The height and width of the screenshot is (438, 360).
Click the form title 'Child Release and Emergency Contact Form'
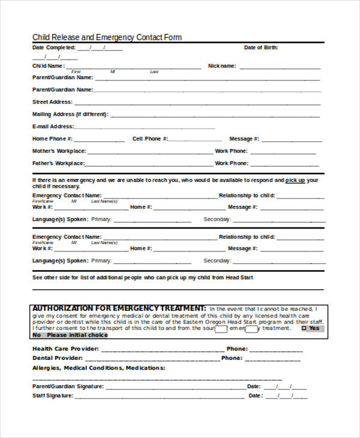(x=107, y=37)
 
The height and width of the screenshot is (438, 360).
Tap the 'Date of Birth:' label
(x=261, y=47)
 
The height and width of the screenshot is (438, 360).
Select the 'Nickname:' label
(x=222, y=66)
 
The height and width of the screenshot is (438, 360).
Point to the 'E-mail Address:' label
(x=53, y=127)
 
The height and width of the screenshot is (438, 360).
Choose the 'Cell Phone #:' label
(x=149, y=139)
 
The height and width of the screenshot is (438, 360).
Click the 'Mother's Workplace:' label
(x=59, y=151)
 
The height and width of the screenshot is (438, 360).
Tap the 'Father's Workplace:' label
(x=58, y=163)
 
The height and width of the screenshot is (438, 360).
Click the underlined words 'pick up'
(x=295, y=180)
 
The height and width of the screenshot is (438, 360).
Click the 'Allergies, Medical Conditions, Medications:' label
(x=98, y=368)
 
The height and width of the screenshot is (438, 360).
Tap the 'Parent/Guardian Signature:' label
(x=68, y=386)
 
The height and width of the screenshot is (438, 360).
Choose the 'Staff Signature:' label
(x=53, y=396)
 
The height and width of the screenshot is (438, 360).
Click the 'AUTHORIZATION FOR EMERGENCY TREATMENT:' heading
(x=119, y=308)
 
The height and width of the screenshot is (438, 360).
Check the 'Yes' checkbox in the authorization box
(x=304, y=328)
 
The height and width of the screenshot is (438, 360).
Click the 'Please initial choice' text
(x=79, y=335)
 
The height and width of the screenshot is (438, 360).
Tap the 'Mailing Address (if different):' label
(x=70, y=114)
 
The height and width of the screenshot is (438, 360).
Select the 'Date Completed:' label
(x=54, y=47)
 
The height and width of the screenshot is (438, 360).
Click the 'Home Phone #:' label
(x=52, y=139)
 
